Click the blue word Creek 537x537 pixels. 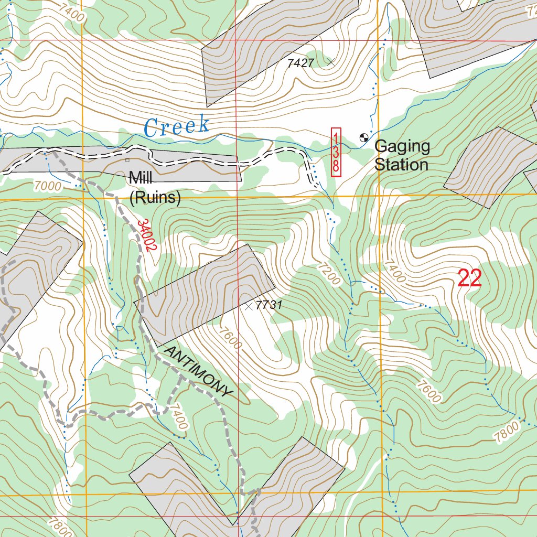click(177, 126)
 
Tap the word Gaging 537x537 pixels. click(402, 147)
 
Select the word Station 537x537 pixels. click(401, 165)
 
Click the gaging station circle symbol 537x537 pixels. click(363, 138)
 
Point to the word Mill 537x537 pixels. click(141, 178)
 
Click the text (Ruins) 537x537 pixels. click(155, 198)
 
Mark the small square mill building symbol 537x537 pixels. click(127, 160)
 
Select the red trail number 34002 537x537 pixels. click(145, 235)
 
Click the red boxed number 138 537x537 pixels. click(336, 152)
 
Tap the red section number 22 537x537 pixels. click(469, 278)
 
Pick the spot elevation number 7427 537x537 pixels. click(300, 63)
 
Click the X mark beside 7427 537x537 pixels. click(330, 62)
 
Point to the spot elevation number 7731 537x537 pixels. click(270, 305)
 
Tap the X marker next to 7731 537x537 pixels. click(249, 306)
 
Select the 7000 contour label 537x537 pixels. click(47, 186)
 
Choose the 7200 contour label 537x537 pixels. click(328, 273)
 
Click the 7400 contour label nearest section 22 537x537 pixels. click(394, 271)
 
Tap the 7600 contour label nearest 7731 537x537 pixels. click(231, 338)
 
